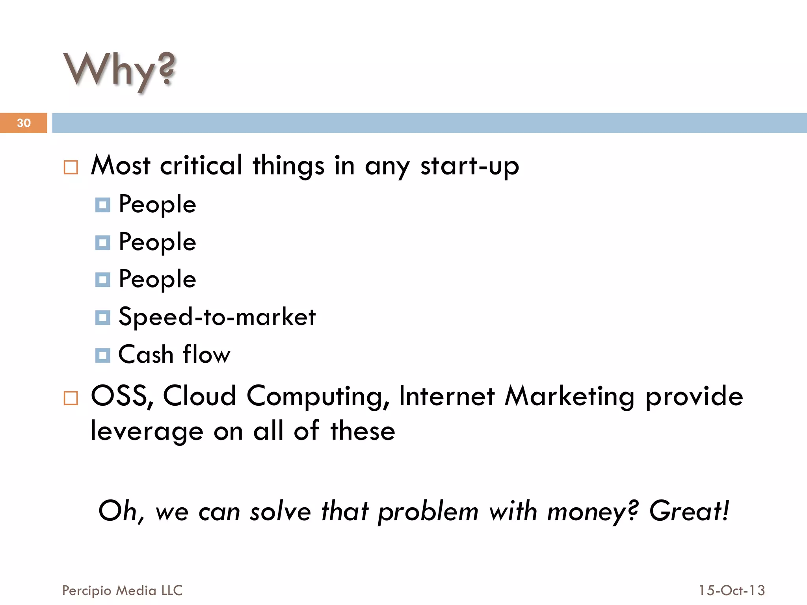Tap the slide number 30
click(x=24, y=123)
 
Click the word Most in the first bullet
click(x=121, y=165)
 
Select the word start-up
click(x=470, y=166)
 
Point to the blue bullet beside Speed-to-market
click(x=102, y=317)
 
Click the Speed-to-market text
click(x=217, y=317)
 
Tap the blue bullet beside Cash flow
click(x=102, y=355)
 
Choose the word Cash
click(x=146, y=354)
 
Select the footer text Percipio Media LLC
click(x=122, y=590)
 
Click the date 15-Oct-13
click(x=732, y=590)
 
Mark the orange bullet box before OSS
click(x=71, y=398)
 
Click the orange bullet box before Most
click(x=71, y=167)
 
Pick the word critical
click(x=201, y=165)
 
